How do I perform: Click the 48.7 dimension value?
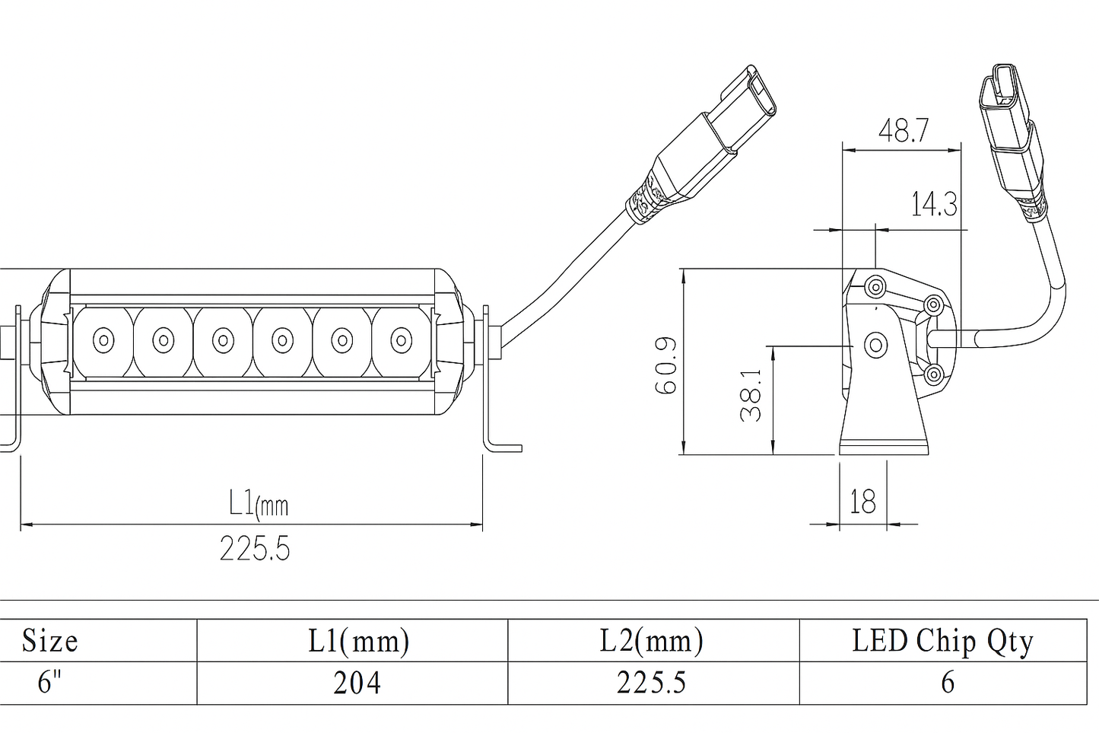pos(903,131)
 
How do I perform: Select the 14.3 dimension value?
pos(934,204)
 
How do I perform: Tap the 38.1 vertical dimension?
pos(751,395)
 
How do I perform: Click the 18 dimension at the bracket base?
pos(862,502)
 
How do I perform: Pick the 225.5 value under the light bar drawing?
pos(255,548)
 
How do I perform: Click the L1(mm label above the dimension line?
pos(259,503)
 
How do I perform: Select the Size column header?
pos(50,641)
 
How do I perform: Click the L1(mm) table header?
pos(358,641)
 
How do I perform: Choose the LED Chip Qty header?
pos(942,641)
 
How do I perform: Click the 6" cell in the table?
pos(49,683)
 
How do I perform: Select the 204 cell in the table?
pos(357,684)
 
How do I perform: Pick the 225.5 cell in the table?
pos(651,683)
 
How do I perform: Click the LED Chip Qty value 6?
pos(947,683)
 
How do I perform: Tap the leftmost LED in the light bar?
pos(103,339)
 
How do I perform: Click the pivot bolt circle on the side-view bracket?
pos(875,345)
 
